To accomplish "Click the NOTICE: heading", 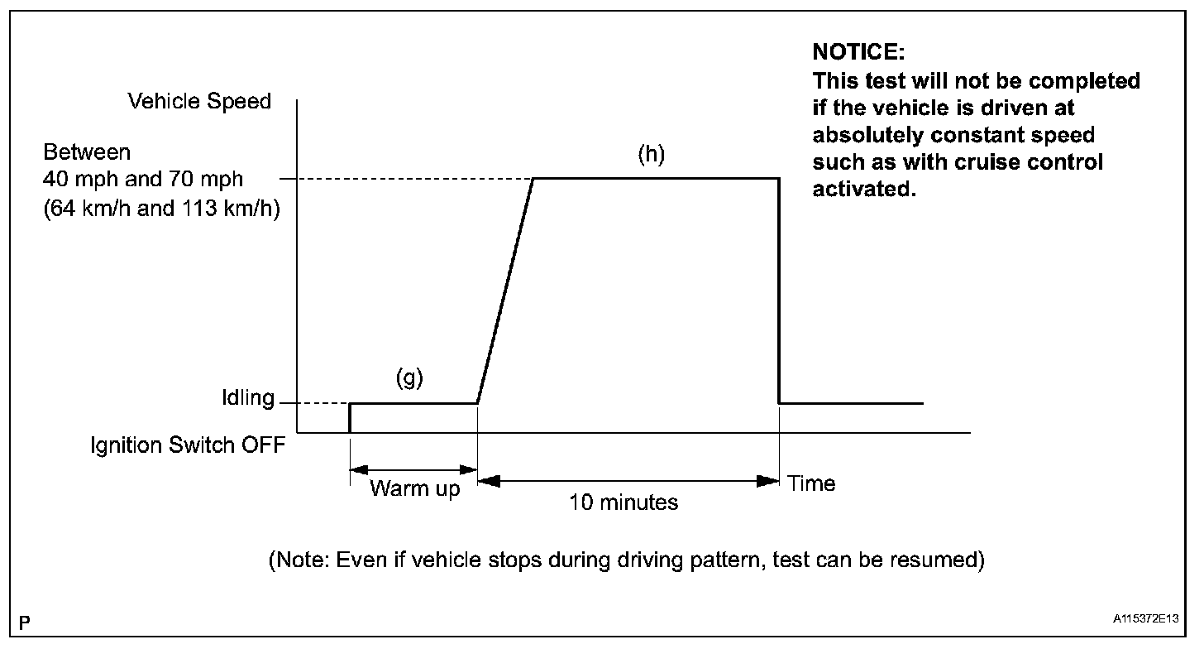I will tap(859, 52).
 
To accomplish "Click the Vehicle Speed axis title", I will tap(199, 102).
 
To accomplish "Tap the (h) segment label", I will tap(652, 155).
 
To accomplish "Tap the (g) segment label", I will tap(408, 379).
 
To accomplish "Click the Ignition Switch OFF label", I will tap(188, 445).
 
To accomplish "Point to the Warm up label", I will tap(414, 488).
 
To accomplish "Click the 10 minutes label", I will tap(623, 502).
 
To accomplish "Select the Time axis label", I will tap(811, 483).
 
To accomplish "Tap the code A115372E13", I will tap(1145, 619).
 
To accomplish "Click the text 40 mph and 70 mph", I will tap(144, 180).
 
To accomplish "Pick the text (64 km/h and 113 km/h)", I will tap(162, 209).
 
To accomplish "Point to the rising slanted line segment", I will tap(505, 290).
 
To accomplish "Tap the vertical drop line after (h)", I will tap(779, 290).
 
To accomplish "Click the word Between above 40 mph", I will tap(87, 153).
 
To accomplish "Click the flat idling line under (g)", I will tap(413, 403).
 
